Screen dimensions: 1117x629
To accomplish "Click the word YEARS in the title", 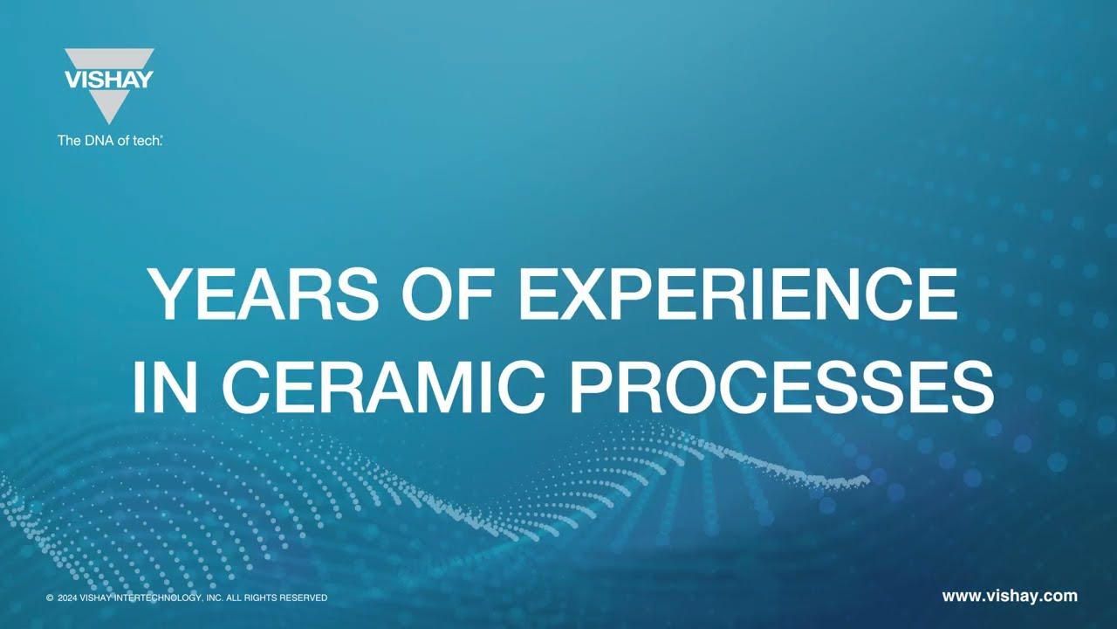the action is click(x=264, y=294).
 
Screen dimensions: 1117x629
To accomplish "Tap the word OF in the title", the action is click(x=449, y=294).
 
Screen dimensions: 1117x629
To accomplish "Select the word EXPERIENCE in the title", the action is click(x=738, y=294).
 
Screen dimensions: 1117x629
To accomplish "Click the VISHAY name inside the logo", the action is click(x=109, y=79).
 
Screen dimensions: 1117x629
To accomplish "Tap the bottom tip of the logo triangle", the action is click(x=109, y=124).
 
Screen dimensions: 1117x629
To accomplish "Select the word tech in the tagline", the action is click(x=146, y=141).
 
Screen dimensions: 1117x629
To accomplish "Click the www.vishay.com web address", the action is click(x=1010, y=596).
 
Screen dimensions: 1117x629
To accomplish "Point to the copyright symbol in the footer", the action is click(x=50, y=598).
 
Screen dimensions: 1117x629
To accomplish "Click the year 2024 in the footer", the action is click(x=67, y=598).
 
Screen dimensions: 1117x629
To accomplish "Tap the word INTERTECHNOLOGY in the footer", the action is click(x=158, y=598).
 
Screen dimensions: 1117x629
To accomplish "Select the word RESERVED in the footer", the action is click(x=304, y=598).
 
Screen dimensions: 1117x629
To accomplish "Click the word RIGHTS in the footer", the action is click(x=260, y=598).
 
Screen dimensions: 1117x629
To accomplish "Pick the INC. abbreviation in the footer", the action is click(x=214, y=598).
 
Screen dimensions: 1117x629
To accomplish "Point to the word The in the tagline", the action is click(x=69, y=141).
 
